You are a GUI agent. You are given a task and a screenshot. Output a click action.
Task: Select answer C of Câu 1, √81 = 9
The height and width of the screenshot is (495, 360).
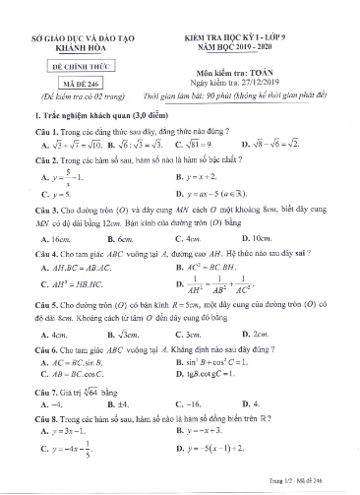[231, 144]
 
